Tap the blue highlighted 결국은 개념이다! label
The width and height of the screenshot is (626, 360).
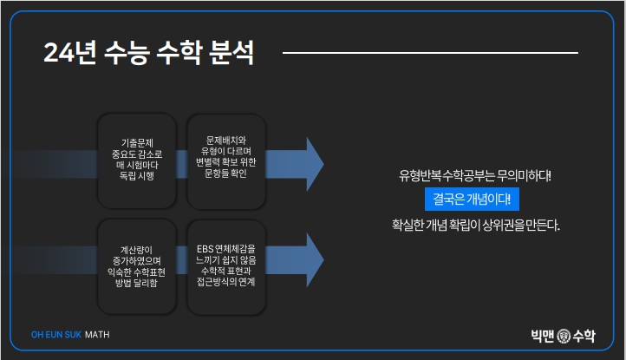click(472, 200)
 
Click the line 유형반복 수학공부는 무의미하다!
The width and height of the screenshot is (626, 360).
click(474, 175)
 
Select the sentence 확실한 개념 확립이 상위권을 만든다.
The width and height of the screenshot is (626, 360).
click(476, 226)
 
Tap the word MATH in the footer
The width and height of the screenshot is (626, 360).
click(97, 334)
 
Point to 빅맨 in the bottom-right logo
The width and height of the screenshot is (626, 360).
click(544, 334)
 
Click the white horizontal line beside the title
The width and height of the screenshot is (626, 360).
click(429, 53)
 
